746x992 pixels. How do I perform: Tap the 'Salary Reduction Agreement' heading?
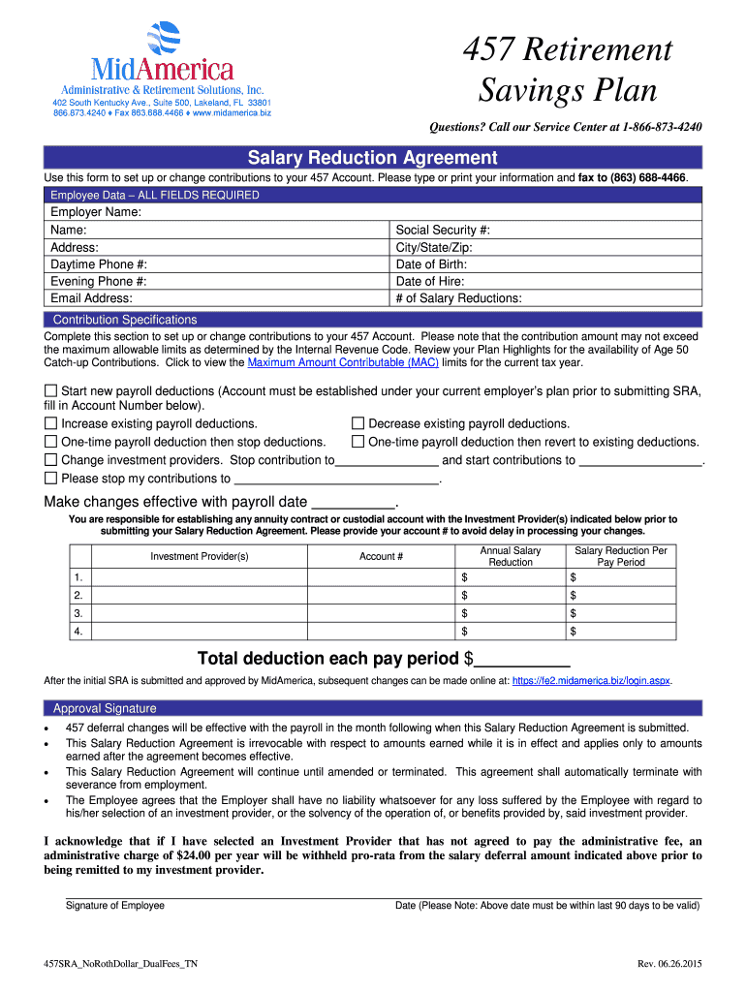point(372,158)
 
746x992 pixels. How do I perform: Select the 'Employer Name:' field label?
point(96,212)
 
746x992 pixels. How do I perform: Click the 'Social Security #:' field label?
point(443,230)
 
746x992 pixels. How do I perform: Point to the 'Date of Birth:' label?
point(431,264)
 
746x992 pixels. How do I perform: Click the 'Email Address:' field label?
point(91,298)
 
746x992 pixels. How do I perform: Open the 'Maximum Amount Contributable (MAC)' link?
point(343,362)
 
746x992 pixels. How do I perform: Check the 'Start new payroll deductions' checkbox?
point(51,390)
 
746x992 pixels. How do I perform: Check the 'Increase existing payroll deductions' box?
point(51,423)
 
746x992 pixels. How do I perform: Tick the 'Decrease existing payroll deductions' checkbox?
point(357,423)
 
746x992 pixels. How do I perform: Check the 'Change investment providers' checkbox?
point(51,460)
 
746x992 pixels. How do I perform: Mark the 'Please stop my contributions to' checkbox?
point(51,478)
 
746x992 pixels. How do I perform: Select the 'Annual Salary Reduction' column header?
point(510,556)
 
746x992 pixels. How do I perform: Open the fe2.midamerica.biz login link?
point(590,681)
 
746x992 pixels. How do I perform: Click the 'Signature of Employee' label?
point(115,905)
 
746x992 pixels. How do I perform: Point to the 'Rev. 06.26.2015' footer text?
point(668,965)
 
